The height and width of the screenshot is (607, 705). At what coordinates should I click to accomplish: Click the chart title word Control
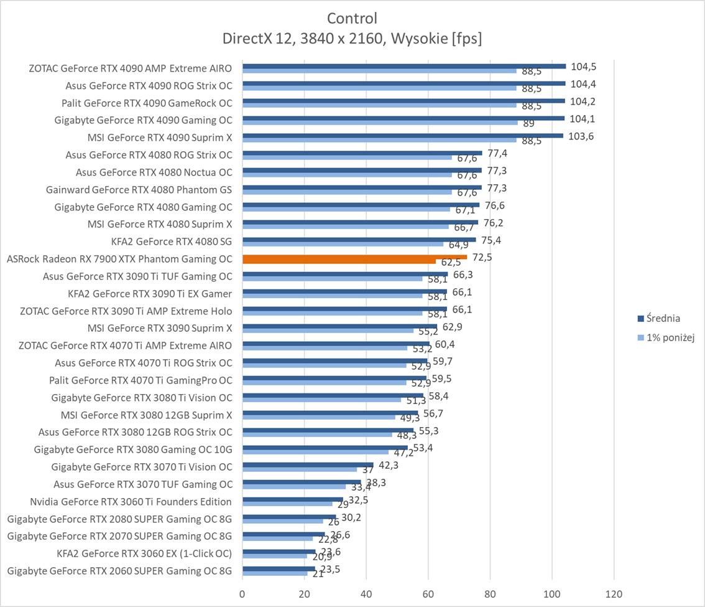tap(352, 18)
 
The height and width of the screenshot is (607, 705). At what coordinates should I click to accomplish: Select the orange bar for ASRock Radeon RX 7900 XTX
tap(354, 256)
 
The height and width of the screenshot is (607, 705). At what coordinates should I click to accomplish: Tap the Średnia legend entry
tap(663, 318)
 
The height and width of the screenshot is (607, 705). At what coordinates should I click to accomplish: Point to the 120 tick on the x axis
tap(614, 594)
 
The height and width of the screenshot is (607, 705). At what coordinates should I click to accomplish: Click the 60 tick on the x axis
tap(428, 594)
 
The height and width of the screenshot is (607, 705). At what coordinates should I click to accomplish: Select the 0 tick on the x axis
tap(242, 594)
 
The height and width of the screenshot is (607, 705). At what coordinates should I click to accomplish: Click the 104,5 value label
tap(584, 67)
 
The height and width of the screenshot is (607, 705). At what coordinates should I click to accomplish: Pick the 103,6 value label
tap(581, 136)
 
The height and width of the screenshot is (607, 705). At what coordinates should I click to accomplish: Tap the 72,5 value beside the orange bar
tap(482, 257)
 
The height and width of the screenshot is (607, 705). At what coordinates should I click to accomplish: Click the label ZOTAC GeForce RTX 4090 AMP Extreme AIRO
tap(130, 68)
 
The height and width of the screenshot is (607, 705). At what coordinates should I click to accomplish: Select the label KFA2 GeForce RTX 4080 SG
tap(171, 241)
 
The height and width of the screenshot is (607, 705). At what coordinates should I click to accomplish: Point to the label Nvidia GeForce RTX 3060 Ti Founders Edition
tap(131, 501)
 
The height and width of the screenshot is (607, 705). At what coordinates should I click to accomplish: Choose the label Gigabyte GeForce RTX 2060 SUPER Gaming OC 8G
tap(119, 570)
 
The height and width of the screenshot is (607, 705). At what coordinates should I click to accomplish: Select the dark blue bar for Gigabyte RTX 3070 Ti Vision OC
tap(308, 464)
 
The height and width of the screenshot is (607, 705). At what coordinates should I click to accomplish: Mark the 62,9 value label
tap(452, 326)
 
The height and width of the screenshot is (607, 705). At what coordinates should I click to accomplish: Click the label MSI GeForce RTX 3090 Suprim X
tap(160, 327)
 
